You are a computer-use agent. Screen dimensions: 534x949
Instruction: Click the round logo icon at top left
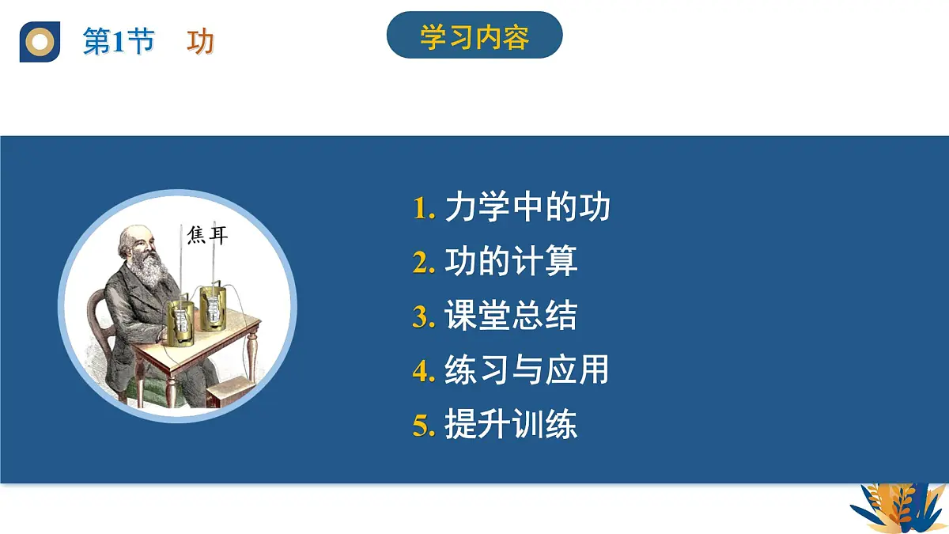[x=40, y=42]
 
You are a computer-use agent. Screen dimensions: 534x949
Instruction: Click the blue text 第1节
[x=119, y=42]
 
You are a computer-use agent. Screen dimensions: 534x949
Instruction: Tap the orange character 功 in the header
[x=200, y=42]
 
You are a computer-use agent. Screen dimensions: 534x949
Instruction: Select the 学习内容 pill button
[x=475, y=36]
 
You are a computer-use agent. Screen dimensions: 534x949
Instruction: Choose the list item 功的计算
[x=511, y=262]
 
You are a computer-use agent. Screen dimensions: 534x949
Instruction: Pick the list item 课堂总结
[x=511, y=316]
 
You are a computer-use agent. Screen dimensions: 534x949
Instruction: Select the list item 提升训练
[x=511, y=425]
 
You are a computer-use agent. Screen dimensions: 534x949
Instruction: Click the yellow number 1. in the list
[x=424, y=209]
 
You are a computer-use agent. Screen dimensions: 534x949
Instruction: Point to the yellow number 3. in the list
[x=424, y=317]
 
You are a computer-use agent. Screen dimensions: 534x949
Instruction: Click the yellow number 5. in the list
[x=424, y=426]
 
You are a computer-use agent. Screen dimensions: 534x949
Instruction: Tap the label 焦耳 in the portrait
[x=207, y=235]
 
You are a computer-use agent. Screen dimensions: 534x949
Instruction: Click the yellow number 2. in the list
[x=424, y=263]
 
